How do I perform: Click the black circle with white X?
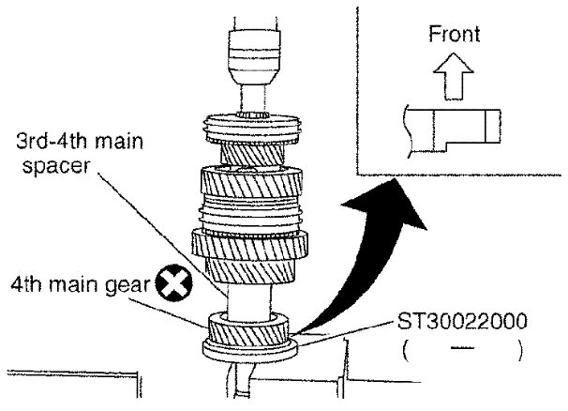174,282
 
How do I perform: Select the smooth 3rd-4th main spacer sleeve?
249,298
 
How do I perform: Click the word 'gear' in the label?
132,283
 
